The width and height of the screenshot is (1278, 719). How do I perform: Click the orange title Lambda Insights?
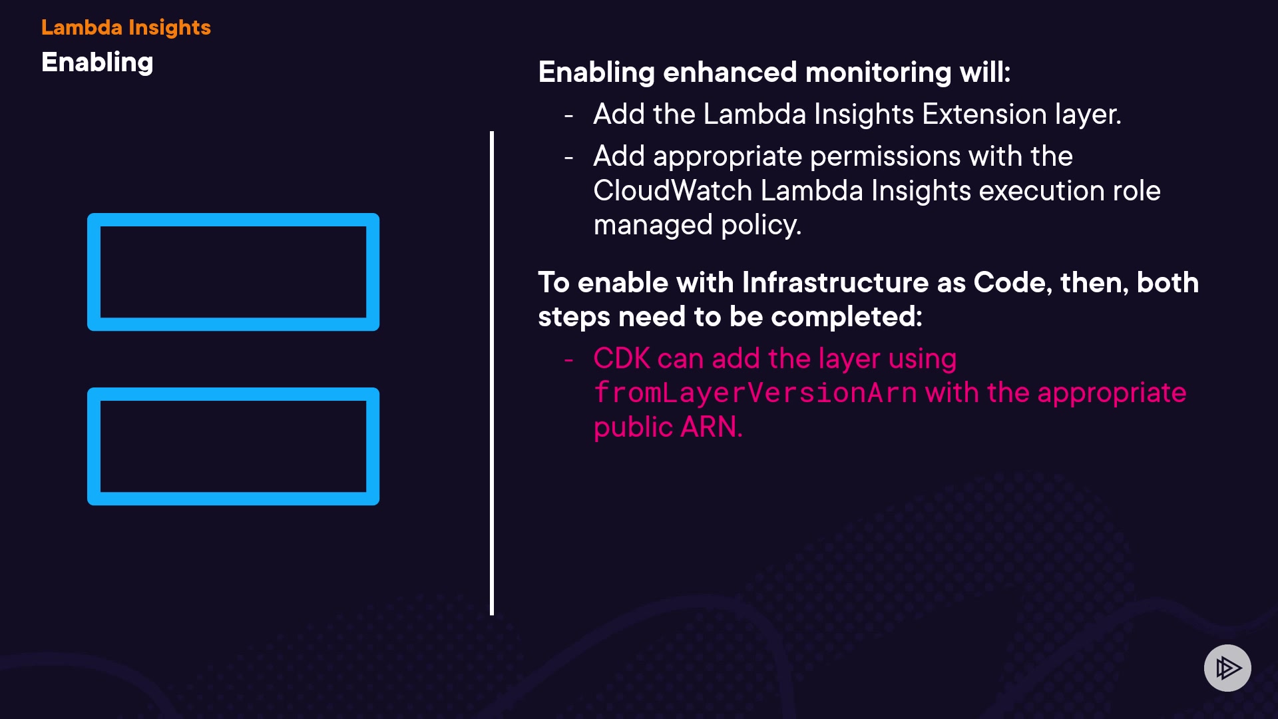tap(126, 27)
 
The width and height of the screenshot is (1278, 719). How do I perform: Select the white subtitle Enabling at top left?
tap(97, 63)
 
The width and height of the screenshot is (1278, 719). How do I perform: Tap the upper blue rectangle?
tap(234, 272)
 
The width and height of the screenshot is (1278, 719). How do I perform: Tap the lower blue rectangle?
tap(234, 447)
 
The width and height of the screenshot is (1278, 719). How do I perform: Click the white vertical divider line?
tap(492, 373)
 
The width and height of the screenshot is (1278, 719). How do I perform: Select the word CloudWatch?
tap(672, 191)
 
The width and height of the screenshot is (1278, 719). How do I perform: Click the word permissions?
tap(885, 157)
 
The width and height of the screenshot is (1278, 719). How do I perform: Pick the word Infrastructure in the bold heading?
tap(835, 282)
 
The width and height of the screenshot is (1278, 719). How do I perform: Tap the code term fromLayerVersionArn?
tap(755, 393)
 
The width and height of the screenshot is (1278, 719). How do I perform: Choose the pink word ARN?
tap(712, 427)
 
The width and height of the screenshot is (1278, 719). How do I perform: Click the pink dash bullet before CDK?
tap(568, 360)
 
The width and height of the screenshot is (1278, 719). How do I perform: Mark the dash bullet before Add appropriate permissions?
tap(568, 158)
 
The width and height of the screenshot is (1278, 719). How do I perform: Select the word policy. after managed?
tap(761, 226)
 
